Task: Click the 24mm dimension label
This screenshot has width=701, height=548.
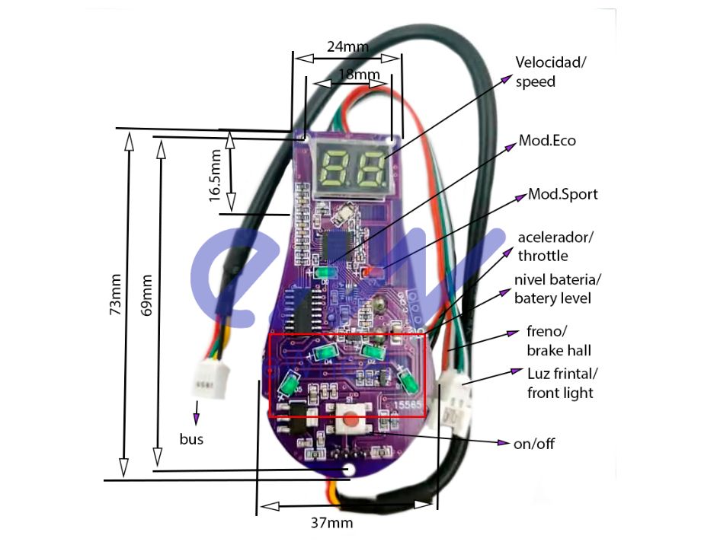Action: click(x=347, y=46)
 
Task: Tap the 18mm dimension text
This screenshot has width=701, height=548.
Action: click(x=359, y=75)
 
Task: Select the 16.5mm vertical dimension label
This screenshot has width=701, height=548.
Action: click(x=216, y=175)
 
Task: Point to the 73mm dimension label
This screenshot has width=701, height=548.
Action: click(x=115, y=294)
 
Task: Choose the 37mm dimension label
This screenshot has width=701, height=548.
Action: click(x=331, y=523)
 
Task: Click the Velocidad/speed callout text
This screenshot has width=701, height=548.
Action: click(x=551, y=72)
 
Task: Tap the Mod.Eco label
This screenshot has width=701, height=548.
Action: click(x=547, y=140)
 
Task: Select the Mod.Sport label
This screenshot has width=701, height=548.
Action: click(x=563, y=194)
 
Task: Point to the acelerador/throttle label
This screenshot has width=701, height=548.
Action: click(x=555, y=246)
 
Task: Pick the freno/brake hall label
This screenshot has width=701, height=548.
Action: click(x=559, y=341)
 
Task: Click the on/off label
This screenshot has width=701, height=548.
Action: click(x=534, y=444)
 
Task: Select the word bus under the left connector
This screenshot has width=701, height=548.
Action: click(x=191, y=439)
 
